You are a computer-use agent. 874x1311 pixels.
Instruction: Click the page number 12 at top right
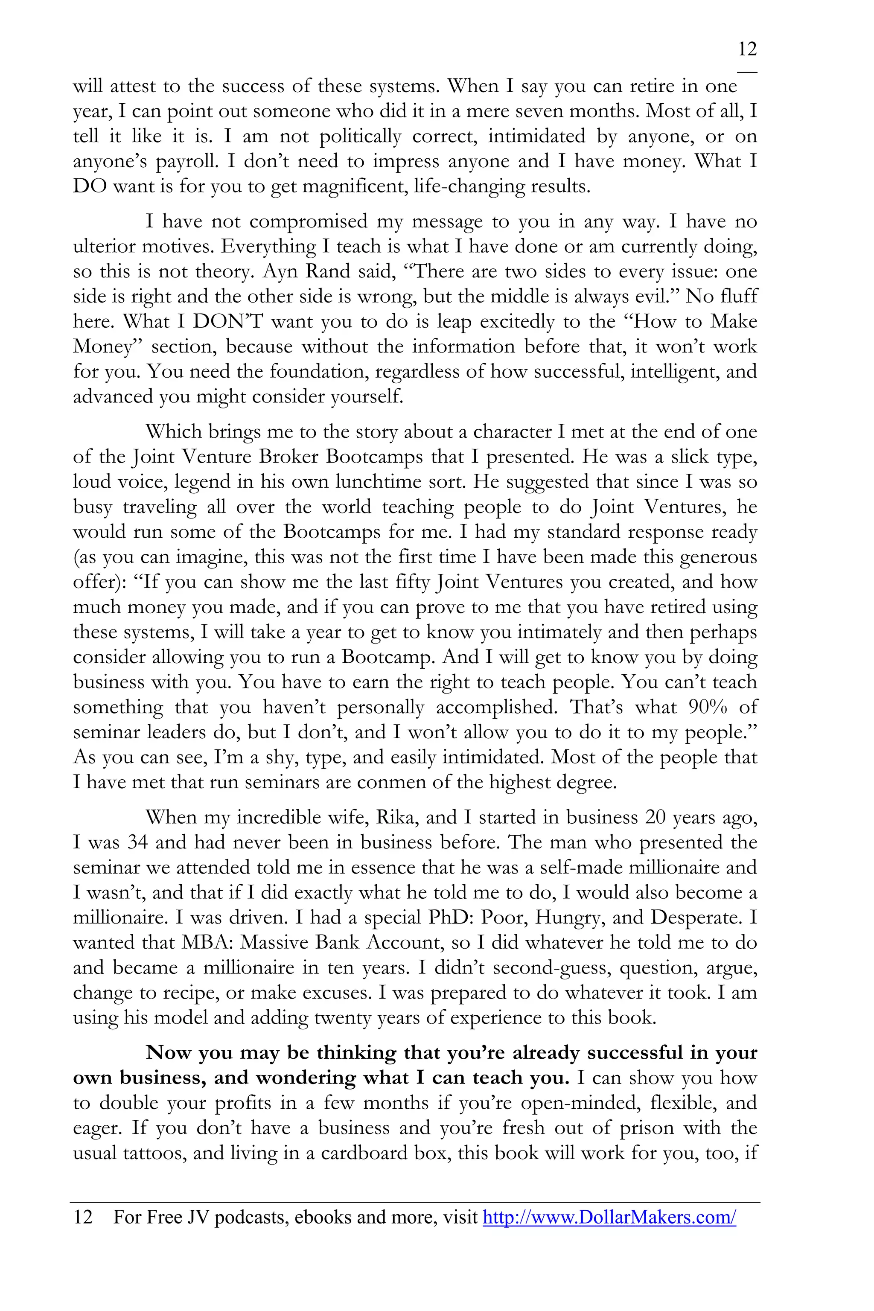747,50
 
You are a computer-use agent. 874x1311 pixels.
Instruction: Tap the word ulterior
105,246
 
